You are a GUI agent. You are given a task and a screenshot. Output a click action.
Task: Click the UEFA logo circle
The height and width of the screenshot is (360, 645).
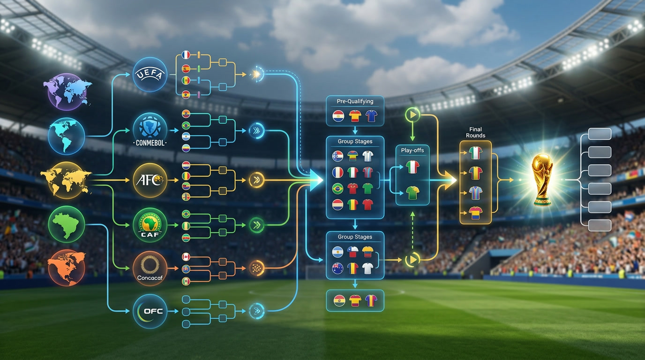[150, 75]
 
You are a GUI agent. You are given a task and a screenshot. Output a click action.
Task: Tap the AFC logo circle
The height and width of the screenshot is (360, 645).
[150, 180]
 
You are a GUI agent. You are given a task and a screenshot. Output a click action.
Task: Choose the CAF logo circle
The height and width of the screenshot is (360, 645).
[150, 225]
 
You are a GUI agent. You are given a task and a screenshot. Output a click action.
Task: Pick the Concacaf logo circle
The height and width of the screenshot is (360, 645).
[150, 269]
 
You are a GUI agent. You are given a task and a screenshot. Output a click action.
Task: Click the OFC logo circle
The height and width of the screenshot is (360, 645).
[150, 311]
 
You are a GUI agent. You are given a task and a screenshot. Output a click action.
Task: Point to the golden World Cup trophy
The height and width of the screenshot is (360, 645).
[542, 180]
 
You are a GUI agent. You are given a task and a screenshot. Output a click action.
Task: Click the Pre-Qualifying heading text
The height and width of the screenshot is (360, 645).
[355, 101]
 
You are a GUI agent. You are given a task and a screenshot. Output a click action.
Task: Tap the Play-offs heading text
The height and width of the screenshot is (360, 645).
[412, 150]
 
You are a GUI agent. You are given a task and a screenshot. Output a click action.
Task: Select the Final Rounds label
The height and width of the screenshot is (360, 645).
[475, 132]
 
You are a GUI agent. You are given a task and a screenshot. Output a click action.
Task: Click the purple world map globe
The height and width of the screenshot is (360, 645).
[67, 91]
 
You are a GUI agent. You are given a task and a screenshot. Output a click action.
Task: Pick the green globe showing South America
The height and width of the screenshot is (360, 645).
[67, 225]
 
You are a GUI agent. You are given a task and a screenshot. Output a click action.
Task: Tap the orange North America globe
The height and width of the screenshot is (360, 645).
[67, 268]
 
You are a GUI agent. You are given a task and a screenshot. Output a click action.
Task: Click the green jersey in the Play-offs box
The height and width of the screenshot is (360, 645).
[412, 193]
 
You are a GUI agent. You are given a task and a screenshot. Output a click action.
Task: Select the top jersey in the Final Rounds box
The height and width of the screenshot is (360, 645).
[475, 153]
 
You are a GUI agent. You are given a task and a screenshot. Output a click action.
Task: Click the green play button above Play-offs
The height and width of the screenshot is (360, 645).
[412, 115]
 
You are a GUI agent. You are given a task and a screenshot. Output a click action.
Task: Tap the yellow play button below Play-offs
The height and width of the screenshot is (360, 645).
[412, 260]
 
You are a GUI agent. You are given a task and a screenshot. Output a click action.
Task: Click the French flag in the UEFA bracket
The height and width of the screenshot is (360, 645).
[186, 55]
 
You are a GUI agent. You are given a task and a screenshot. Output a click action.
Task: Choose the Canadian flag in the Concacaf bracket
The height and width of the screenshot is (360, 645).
[186, 257]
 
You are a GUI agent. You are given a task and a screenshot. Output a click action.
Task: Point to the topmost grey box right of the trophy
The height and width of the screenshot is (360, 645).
[600, 134]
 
